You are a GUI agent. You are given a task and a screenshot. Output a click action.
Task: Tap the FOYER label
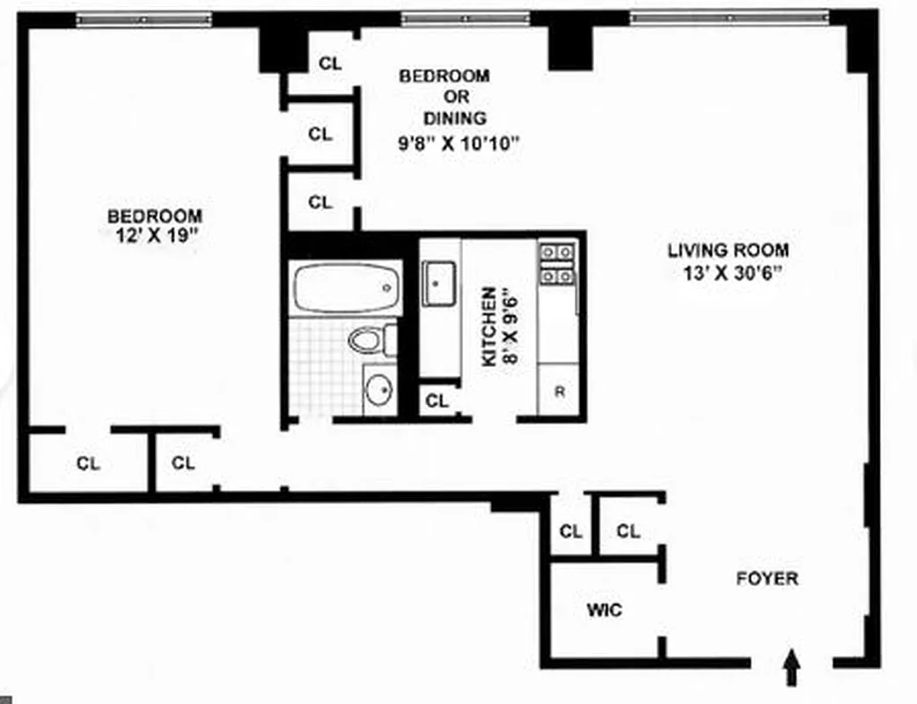point(767,578)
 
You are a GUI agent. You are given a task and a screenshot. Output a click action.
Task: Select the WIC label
point(605,609)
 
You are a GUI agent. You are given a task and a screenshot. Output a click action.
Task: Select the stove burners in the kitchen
point(557,264)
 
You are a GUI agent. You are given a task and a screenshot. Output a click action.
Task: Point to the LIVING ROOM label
point(727,250)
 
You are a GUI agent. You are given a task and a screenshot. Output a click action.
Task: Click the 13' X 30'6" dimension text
point(727,272)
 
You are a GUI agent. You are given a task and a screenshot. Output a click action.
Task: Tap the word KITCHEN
point(488,326)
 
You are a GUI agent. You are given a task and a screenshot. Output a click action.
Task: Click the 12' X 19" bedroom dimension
point(155,236)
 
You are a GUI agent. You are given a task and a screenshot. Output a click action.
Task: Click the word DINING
point(455,118)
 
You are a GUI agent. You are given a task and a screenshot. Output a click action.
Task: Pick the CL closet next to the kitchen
point(437,401)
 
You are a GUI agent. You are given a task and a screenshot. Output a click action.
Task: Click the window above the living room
point(729,16)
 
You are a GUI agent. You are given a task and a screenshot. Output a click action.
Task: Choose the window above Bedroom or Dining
point(466,18)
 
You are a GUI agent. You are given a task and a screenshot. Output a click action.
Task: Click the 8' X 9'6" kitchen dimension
point(511,327)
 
